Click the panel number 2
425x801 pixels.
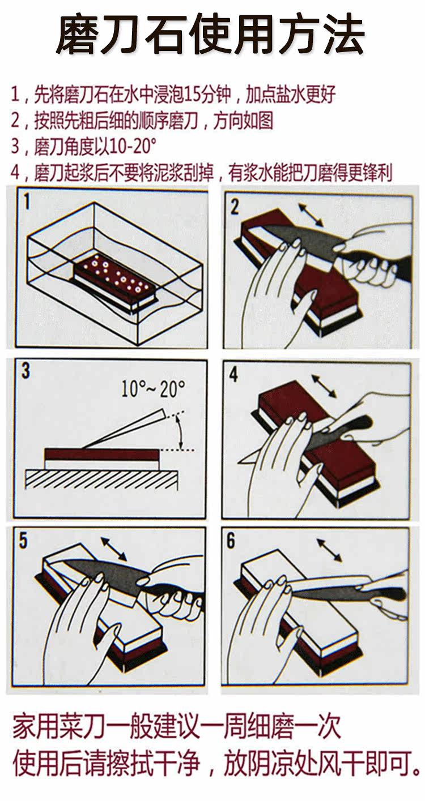(234, 207)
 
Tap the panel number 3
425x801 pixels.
(25, 371)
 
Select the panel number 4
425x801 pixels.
(233, 374)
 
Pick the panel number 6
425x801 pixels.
(231, 540)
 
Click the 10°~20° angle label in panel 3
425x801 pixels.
(153, 389)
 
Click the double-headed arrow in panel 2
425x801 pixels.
(311, 215)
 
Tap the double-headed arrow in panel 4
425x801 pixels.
(324, 386)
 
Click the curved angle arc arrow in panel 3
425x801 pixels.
(180, 432)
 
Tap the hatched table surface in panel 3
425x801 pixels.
(101, 479)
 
